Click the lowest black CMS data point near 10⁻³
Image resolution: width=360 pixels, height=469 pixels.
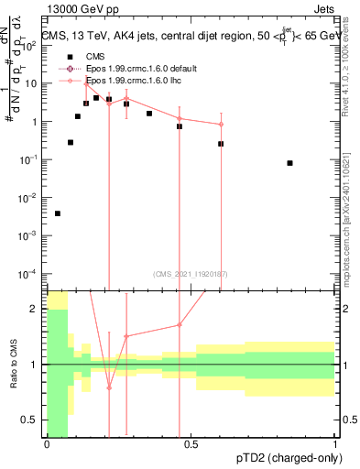[58, 213]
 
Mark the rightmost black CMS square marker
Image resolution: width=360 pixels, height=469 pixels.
[289, 163]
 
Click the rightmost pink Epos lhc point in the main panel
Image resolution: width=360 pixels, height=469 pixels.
[221, 125]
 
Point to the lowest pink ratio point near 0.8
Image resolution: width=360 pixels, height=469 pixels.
[109, 387]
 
